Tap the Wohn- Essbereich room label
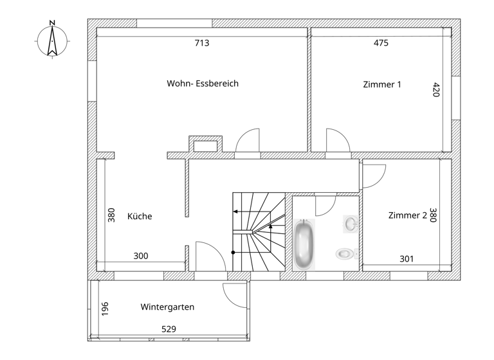pos(203,84)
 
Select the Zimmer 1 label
pos(382,84)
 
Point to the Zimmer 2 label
pos(407,216)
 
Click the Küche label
pos(140,217)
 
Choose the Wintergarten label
pos(167,307)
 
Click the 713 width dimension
pos(202,44)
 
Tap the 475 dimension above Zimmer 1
pos(381,44)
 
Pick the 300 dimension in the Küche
pos(141,256)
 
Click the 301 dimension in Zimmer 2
pos(407,259)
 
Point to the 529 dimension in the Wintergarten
pos(168,329)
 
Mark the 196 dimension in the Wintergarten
pos(105,309)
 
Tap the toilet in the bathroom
pos(345,254)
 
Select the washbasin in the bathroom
pos(351,224)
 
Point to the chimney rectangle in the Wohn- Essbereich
pos(206,145)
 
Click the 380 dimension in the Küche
pos(111,215)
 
